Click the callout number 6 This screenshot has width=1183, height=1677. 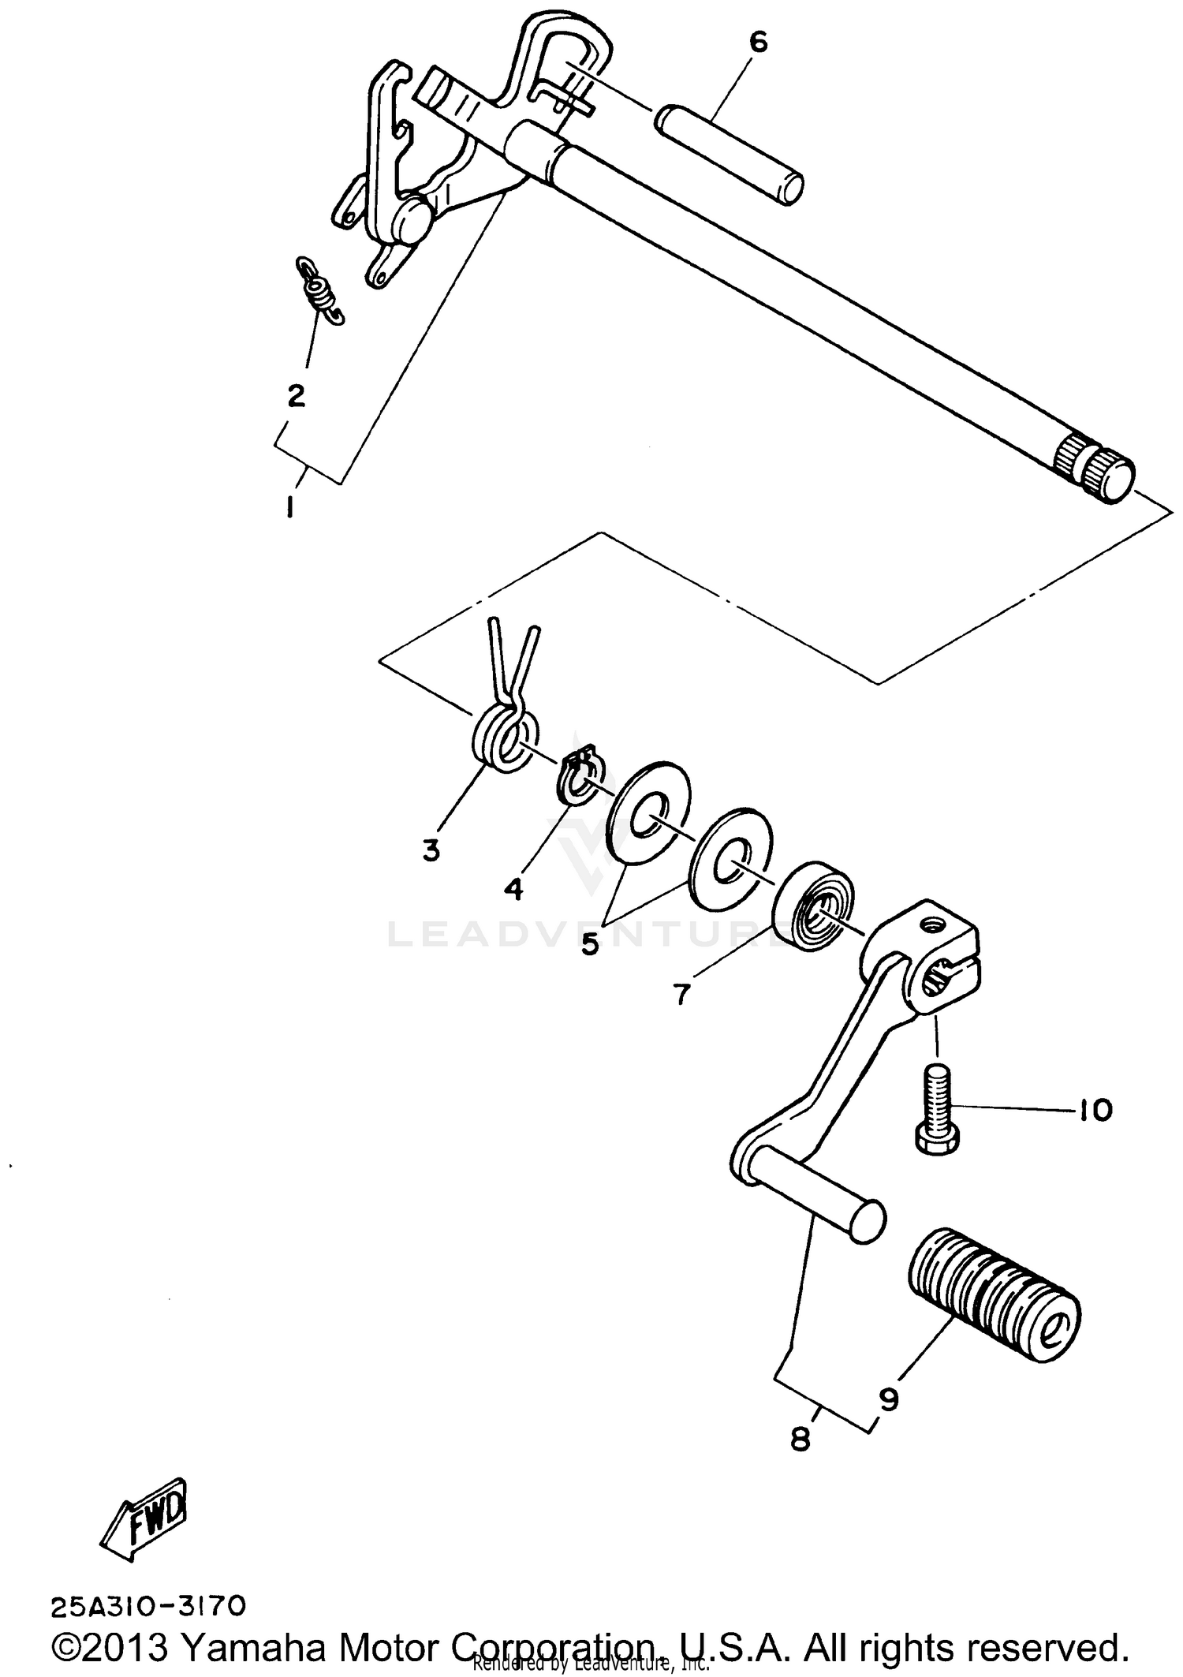[x=757, y=43]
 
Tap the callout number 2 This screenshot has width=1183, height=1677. [x=296, y=395]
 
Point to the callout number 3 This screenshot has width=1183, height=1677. [x=431, y=850]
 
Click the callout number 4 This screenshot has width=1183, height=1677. [x=513, y=889]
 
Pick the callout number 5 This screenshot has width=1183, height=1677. [x=590, y=943]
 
